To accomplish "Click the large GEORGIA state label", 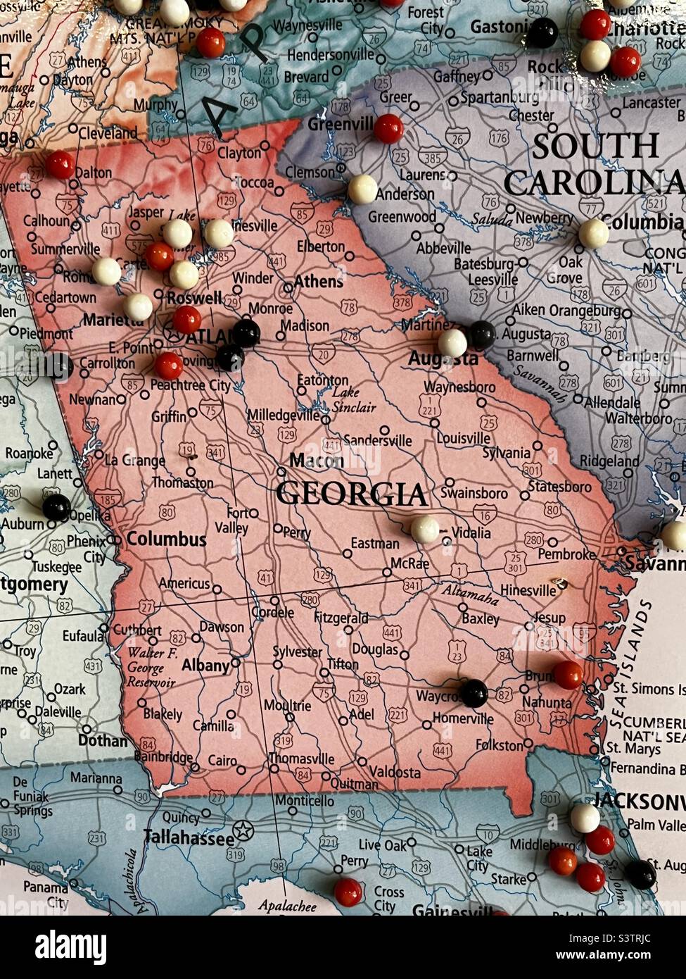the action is click(x=351, y=494).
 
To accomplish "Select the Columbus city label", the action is click(x=167, y=540).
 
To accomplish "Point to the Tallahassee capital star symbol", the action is click(x=243, y=830).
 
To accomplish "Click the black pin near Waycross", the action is click(x=474, y=693).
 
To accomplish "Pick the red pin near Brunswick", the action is click(x=568, y=675).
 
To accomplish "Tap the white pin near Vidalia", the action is click(x=425, y=529).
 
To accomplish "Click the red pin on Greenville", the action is click(x=388, y=129).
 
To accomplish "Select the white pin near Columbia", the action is click(x=593, y=234).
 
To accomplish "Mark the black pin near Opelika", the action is click(x=56, y=507).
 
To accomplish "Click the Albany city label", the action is click(x=205, y=665).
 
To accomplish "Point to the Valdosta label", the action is click(x=395, y=772).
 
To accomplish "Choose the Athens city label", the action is click(x=318, y=282).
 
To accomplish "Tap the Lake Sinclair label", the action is click(x=354, y=399).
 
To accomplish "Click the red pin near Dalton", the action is click(x=60, y=164).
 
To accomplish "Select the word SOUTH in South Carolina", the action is click(x=595, y=146).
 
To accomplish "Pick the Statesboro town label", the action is click(x=560, y=487).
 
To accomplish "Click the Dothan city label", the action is click(x=103, y=740).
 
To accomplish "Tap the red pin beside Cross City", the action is click(x=348, y=892).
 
